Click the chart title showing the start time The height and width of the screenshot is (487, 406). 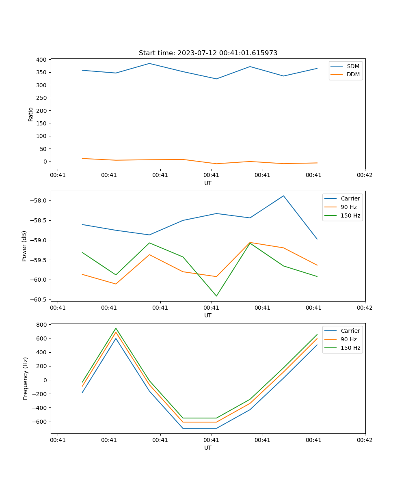[208, 53]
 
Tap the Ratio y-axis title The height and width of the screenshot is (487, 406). [31, 114]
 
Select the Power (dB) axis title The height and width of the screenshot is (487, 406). [24, 246]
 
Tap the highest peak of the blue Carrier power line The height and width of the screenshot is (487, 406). [283, 196]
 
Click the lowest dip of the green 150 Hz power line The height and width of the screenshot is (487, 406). [216, 296]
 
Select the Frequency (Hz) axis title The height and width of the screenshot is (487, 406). [26, 378]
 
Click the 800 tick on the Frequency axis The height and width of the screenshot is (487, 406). [42, 325]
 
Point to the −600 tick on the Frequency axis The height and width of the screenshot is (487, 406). [40, 422]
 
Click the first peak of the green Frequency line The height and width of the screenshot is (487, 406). [116, 328]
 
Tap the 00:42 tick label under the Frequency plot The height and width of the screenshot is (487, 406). [365, 440]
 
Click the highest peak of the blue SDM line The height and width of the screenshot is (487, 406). [149, 63]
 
